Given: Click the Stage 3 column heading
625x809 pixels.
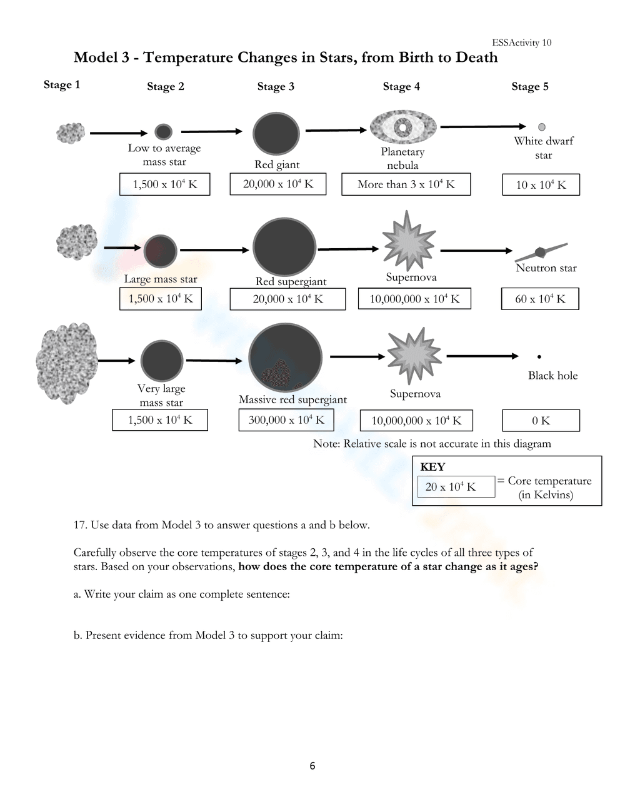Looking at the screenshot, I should click(x=276, y=86).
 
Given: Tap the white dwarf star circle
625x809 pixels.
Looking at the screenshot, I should click(x=542, y=127).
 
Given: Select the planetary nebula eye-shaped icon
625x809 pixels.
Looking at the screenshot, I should click(x=403, y=128).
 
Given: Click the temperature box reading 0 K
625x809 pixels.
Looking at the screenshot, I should click(x=541, y=421).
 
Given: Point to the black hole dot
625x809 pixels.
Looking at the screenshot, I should click(x=539, y=357).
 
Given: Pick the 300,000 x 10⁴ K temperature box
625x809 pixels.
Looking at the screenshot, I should click(x=286, y=420).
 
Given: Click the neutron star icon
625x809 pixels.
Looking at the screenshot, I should click(x=541, y=252).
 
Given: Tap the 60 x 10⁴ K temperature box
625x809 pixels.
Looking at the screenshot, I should click(x=540, y=299).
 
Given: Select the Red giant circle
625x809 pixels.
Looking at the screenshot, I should click(x=276, y=134).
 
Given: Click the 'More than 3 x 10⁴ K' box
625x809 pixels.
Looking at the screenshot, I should click(x=406, y=184).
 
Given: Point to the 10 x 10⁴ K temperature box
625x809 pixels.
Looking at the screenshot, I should click(x=541, y=185).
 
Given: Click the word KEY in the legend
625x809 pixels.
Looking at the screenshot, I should click(x=432, y=467).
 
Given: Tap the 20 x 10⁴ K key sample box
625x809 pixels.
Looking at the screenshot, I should click(x=456, y=487).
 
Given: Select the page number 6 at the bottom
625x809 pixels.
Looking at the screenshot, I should click(x=312, y=766).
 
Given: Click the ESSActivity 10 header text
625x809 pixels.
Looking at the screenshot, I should click(x=521, y=43).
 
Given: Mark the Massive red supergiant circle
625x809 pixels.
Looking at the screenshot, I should click(x=286, y=358).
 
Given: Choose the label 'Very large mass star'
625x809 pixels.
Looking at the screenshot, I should click(x=161, y=396).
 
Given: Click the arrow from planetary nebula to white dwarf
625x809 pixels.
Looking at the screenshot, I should click(x=483, y=127).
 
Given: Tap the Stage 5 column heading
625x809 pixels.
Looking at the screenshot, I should click(x=530, y=86).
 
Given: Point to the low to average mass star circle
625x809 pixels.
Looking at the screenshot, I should click(x=163, y=132).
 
